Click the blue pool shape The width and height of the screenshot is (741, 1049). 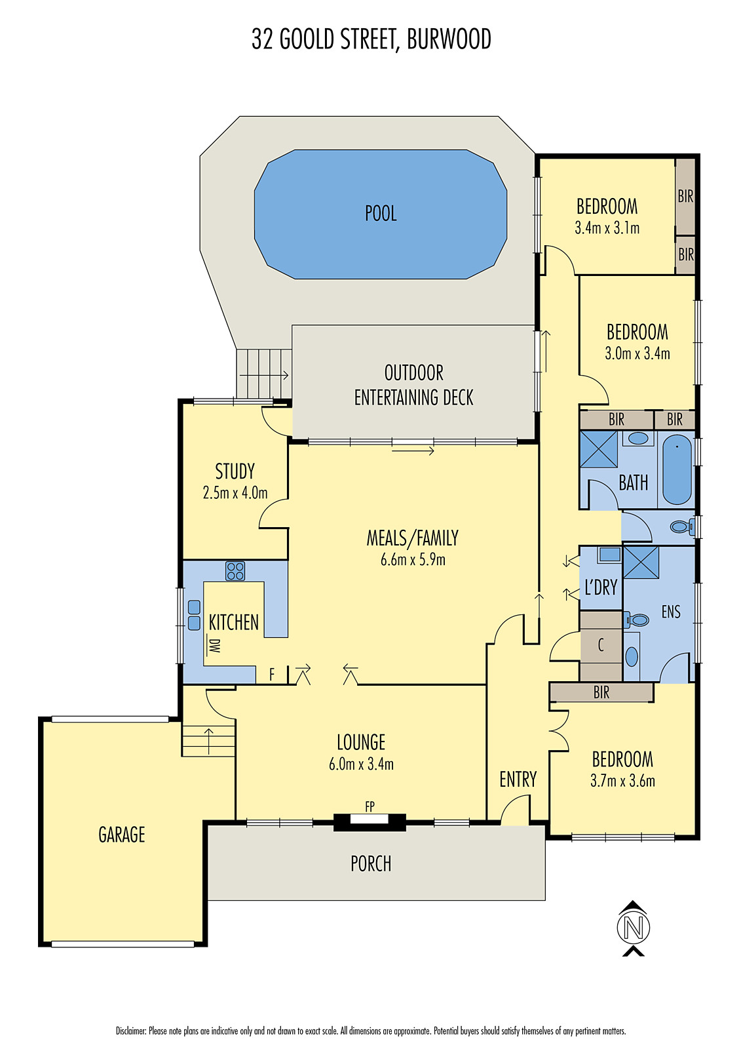pyautogui.click(x=380, y=214)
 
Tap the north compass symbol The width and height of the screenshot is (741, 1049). pyautogui.click(x=633, y=928)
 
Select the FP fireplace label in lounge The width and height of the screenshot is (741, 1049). pyautogui.click(x=370, y=807)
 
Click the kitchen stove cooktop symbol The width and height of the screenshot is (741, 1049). pyautogui.click(x=235, y=571)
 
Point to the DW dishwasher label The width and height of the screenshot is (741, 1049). pyautogui.click(x=214, y=645)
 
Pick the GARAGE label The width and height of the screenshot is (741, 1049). pyautogui.click(x=121, y=835)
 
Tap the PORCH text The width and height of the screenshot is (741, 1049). pyautogui.click(x=371, y=864)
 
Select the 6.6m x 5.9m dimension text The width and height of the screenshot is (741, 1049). pyautogui.click(x=413, y=560)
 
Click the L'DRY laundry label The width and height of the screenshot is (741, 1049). pyautogui.click(x=601, y=587)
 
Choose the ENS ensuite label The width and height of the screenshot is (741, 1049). pyautogui.click(x=671, y=612)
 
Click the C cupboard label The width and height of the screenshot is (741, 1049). pyautogui.click(x=601, y=646)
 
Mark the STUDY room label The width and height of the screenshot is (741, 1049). pyautogui.click(x=235, y=471)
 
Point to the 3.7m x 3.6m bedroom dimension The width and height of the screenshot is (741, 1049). pyautogui.click(x=622, y=781)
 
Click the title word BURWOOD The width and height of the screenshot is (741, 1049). pyautogui.click(x=449, y=39)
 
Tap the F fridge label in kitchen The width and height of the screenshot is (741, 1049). pyautogui.click(x=272, y=675)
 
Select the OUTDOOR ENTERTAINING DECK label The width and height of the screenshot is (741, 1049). pyautogui.click(x=413, y=385)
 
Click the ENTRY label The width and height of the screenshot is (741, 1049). pyautogui.click(x=518, y=780)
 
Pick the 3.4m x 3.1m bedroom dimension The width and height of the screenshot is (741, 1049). pyautogui.click(x=607, y=228)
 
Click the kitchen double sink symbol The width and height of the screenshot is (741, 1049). pyautogui.click(x=194, y=615)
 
